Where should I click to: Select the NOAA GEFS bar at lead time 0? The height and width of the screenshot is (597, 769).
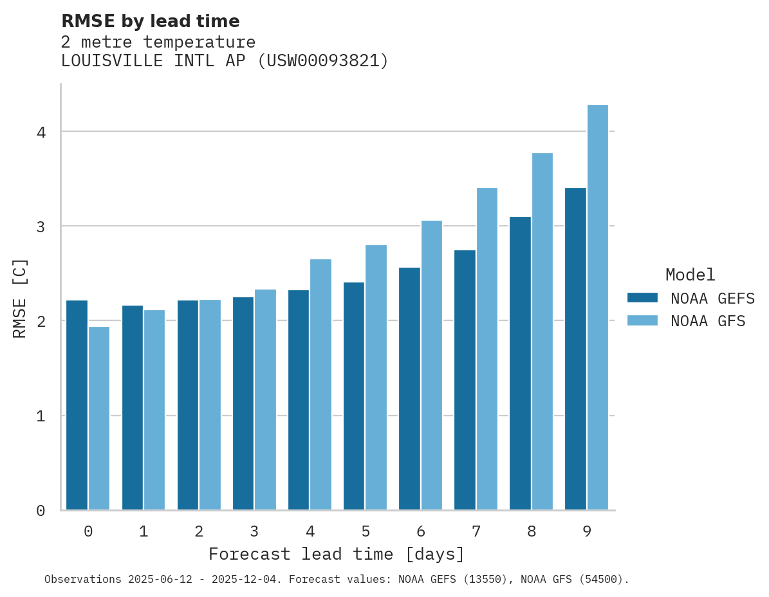[x=77, y=405]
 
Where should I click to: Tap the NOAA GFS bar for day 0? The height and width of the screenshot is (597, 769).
[x=99, y=418]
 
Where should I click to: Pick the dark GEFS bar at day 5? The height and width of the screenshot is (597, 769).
[x=353, y=396]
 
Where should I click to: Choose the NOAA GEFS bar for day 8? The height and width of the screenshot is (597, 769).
[x=520, y=363]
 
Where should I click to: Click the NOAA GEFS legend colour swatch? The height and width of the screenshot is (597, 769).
[x=642, y=298]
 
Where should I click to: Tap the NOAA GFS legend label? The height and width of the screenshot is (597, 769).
[x=708, y=321]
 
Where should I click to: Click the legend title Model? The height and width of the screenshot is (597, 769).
[x=690, y=275]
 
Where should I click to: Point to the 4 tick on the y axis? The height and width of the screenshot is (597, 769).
[x=41, y=133]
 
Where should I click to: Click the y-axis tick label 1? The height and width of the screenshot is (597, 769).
[x=41, y=416]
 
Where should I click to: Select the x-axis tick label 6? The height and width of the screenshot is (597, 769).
[x=421, y=532]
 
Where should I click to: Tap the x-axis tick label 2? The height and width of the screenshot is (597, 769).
[x=199, y=532]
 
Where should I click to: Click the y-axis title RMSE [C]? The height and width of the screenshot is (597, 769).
[x=20, y=298]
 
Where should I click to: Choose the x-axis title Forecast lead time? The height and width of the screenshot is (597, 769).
[x=336, y=555]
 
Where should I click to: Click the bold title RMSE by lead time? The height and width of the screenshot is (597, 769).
[x=150, y=21]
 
